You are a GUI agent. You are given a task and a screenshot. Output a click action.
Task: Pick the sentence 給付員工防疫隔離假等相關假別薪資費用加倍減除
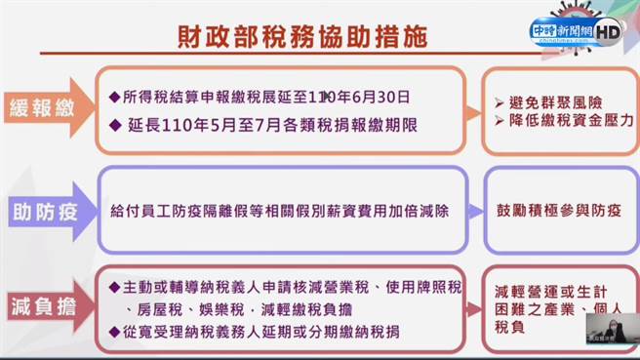[x=284, y=210]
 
